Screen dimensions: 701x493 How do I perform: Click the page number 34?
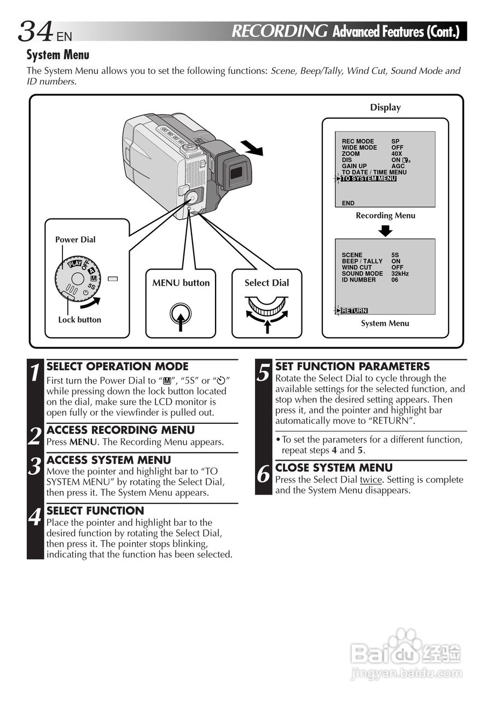pyautogui.click(x=36, y=31)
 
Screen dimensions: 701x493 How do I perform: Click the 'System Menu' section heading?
pyautogui.click(x=58, y=55)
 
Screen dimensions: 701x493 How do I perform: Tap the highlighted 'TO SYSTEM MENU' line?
pyautogui.click(x=368, y=179)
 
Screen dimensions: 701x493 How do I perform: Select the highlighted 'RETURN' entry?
pyautogui.click(x=354, y=311)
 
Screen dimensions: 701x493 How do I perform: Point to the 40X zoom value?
pyautogui.click(x=397, y=154)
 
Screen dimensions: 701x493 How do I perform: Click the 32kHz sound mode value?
pyautogui.click(x=400, y=273)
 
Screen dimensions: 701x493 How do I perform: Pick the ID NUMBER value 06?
pyautogui.click(x=395, y=280)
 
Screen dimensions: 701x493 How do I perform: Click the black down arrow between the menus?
pyautogui.click(x=386, y=230)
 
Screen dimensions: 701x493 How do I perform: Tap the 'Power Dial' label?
pyautogui.click(x=75, y=239)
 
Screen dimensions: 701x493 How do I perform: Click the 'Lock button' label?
pyautogui.click(x=79, y=319)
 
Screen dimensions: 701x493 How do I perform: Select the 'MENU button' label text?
pyautogui.click(x=181, y=283)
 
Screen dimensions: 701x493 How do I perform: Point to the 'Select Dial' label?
pyautogui.click(x=266, y=283)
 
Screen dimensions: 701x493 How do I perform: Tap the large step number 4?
pyautogui.click(x=35, y=517)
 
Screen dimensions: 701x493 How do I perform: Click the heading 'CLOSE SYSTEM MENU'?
pyautogui.click(x=334, y=468)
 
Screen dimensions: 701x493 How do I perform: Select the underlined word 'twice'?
pyautogui.click(x=370, y=480)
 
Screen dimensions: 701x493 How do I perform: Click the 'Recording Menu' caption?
pyautogui.click(x=385, y=215)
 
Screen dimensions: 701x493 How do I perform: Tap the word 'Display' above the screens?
pyautogui.click(x=385, y=107)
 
